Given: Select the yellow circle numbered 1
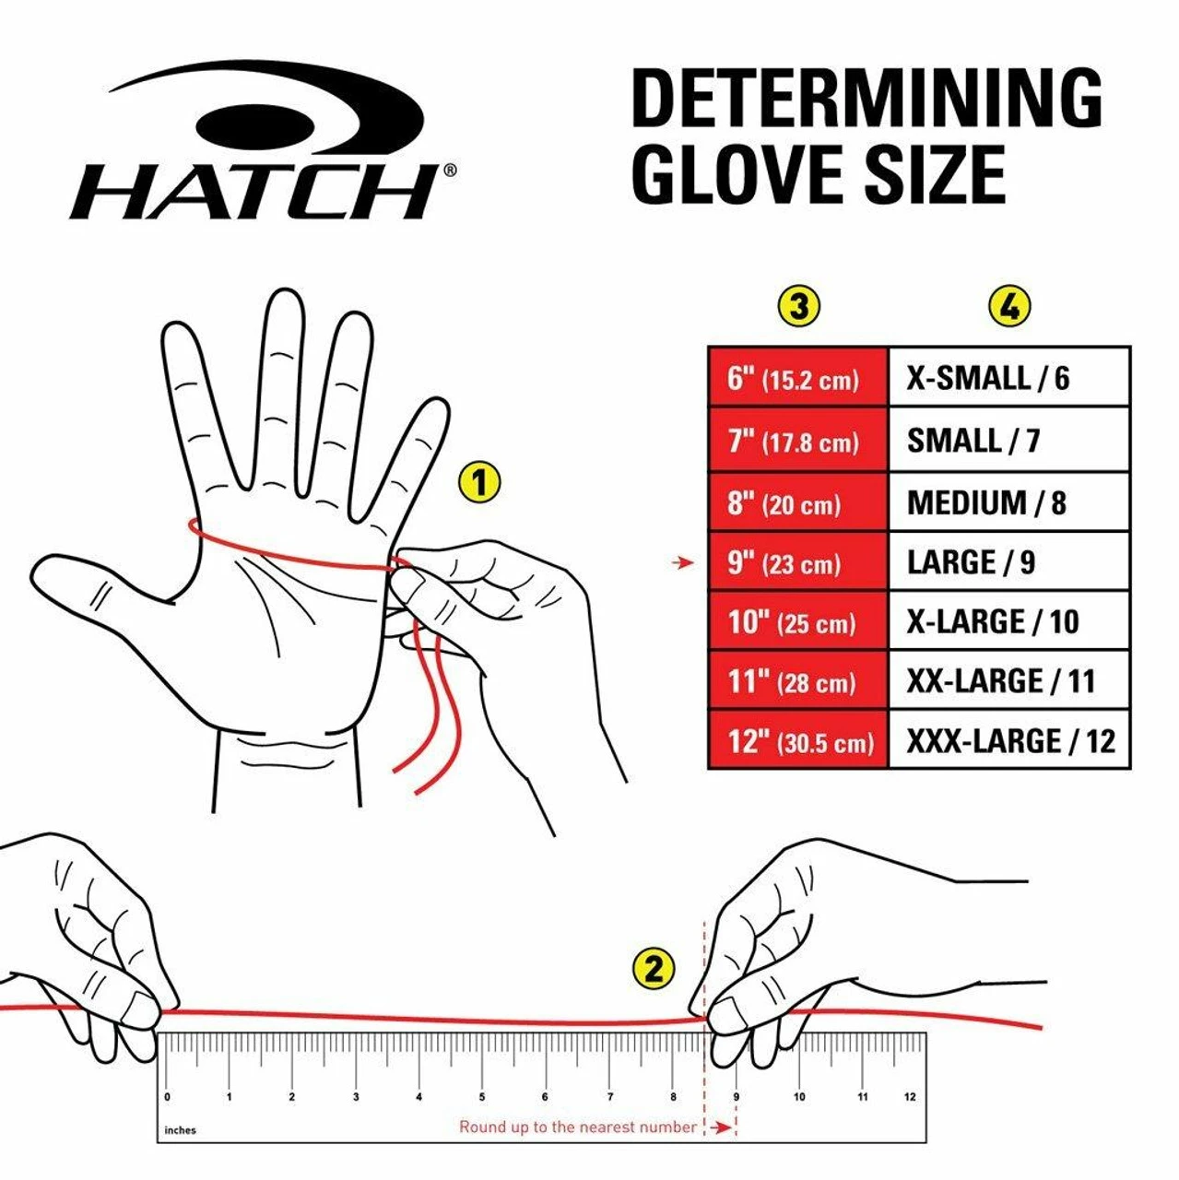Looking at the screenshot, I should click(x=478, y=482).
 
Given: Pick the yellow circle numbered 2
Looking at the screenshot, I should click(x=654, y=969).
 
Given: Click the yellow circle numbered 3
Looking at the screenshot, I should click(x=798, y=306).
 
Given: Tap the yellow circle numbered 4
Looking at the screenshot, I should click(x=1009, y=306).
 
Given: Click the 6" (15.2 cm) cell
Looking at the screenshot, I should click(x=797, y=378).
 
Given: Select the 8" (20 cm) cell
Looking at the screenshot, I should click(x=797, y=503).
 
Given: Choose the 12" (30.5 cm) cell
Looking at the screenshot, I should click(x=797, y=740).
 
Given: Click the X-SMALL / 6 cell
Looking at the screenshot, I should click(x=1008, y=378).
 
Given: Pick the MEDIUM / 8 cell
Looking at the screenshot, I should click(x=1008, y=503).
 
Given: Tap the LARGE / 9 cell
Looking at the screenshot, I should click(x=1008, y=562).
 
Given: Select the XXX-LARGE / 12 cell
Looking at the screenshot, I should click(x=1008, y=740).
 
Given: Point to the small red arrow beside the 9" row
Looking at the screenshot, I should click(x=683, y=562).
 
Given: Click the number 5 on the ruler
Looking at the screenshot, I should click(x=481, y=1097).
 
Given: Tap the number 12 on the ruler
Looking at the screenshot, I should click(x=910, y=1097).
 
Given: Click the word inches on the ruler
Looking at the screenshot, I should click(x=181, y=1130).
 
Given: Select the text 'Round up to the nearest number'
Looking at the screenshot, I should click(x=578, y=1127).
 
